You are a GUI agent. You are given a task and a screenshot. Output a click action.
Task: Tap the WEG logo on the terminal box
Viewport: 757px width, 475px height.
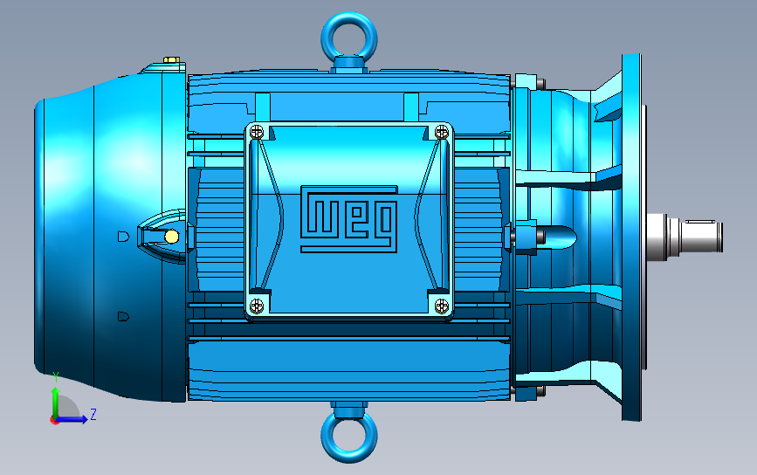pyautogui.click(x=349, y=219)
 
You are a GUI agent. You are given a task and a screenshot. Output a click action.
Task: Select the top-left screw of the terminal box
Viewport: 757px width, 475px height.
pyautogui.click(x=258, y=132)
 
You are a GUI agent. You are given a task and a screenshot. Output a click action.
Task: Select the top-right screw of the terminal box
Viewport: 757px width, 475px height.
pyautogui.click(x=442, y=131)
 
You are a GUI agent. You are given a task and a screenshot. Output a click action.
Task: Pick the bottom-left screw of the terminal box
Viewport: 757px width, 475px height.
pyautogui.click(x=257, y=305)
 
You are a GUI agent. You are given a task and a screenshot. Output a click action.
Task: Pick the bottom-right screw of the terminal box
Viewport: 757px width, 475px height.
pyautogui.click(x=442, y=305)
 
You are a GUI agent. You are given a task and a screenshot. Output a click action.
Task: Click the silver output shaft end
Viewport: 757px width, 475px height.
pyautogui.click(x=685, y=237)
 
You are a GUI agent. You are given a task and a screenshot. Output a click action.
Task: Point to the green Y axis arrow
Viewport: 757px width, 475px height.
pyautogui.click(x=55, y=402)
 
